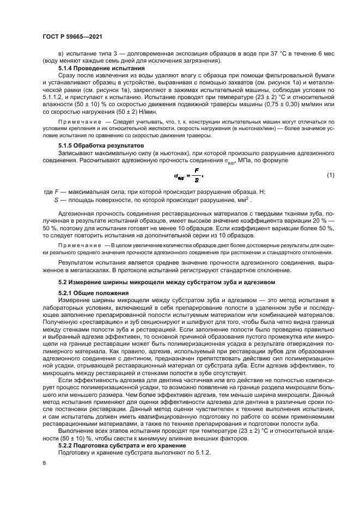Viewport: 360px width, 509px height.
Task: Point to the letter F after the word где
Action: pos(56,192)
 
